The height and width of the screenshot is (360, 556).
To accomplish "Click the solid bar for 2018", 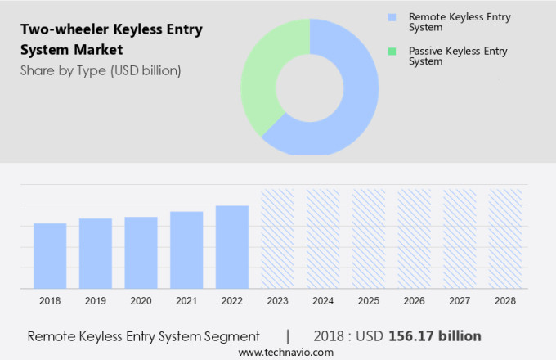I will point(50,255).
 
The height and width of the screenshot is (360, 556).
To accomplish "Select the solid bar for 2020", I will point(141,252).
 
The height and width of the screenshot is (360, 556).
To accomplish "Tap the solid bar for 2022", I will point(232,246).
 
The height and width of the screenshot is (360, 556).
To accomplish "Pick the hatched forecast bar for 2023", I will point(277,238).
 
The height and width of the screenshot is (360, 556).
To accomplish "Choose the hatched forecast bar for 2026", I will point(414,238).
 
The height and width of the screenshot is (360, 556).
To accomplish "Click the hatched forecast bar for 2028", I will point(504,238).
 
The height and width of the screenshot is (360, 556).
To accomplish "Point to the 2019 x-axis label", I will point(96,301).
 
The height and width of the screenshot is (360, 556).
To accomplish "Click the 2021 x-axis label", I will point(186,301).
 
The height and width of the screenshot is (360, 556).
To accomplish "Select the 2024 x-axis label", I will point(323,301).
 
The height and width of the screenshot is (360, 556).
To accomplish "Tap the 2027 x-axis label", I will point(460,301).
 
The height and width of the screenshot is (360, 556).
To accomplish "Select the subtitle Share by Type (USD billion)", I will point(101,70).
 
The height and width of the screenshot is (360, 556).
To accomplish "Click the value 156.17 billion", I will point(436,336).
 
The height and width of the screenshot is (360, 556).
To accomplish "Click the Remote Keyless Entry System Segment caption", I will point(143,336).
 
